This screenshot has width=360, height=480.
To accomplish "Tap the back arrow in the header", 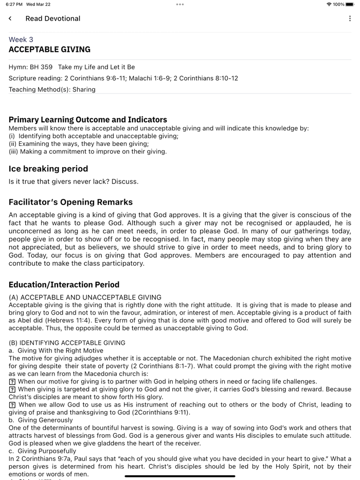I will tap(10, 19).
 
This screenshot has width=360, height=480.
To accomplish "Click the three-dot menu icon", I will tap(350, 19).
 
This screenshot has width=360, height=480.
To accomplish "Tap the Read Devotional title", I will tap(53, 19).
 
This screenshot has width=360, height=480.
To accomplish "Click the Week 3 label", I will tap(21, 40).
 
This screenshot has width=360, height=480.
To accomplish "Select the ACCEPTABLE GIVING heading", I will tap(49, 50).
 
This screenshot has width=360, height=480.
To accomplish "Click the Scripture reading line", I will tap(123, 78).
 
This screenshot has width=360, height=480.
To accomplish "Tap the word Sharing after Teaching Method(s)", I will tap(84, 89).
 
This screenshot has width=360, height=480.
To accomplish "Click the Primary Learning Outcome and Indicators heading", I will tap(88, 120).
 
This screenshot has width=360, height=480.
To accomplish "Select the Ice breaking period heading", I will tap(48, 169).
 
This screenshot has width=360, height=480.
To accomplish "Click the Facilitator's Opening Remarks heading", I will tap(70, 202).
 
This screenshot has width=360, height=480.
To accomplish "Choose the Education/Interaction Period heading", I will tap(64, 285).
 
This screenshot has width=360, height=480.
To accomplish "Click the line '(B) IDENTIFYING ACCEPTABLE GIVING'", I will tap(67, 343).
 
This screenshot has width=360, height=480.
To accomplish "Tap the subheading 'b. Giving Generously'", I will tap(41, 420).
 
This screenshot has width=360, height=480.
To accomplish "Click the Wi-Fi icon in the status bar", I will tap(329, 4).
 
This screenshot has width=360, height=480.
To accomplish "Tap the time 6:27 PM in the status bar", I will tap(14, 4).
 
